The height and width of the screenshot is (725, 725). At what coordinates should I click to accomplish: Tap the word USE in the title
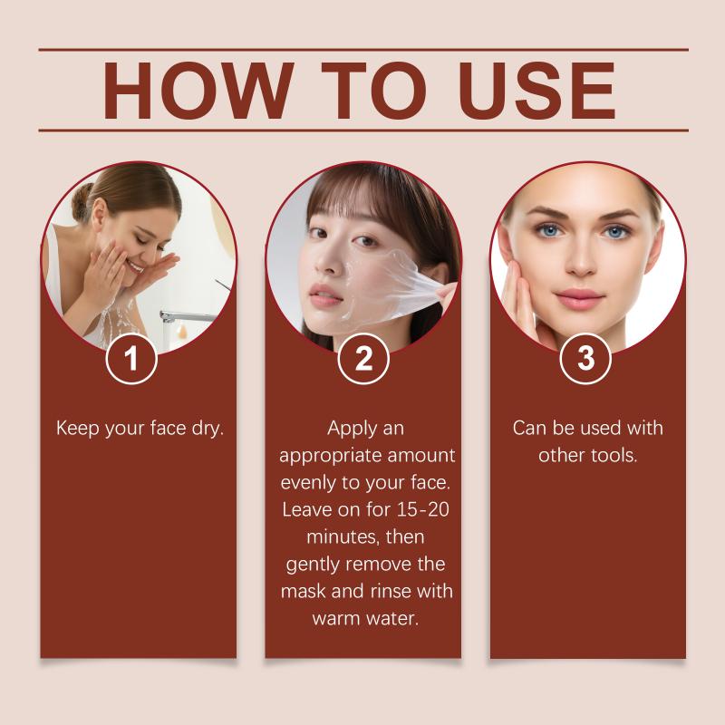[x=536, y=91]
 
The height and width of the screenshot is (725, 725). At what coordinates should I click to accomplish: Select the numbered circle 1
[x=131, y=358]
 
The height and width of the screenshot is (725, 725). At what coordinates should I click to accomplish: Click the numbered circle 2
[x=363, y=358]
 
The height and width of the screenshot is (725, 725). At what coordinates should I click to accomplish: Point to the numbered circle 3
[x=585, y=358]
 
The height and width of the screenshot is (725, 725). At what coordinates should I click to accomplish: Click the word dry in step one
[x=208, y=429]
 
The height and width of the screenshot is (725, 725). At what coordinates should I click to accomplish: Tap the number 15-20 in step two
[x=423, y=509]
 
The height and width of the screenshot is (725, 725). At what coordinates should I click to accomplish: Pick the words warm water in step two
[x=365, y=619]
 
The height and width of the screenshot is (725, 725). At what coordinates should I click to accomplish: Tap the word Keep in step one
[x=78, y=429]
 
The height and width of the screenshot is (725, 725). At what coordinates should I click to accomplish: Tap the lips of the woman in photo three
[x=578, y=298]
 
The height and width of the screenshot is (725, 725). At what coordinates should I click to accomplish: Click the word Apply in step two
[x=347, y=429]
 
